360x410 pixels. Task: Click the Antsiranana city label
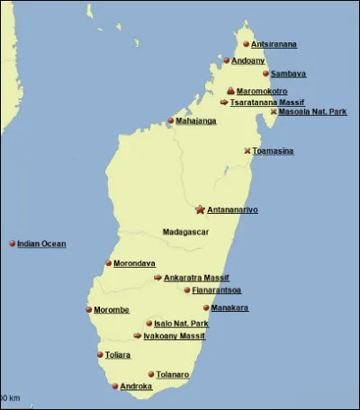pyautogui.click(x=274, y=44)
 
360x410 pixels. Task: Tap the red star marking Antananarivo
pyautogui.click(x=200, y=209)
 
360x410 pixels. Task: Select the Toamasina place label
pyautogui.click(x=273, y=151)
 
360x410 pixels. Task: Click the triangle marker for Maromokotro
pyautogui.click(x=230, y=91)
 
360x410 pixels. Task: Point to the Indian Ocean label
pyautogui.click(x=41, y=244)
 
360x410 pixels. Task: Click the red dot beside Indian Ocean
pyautogui.click(x=12, y=244)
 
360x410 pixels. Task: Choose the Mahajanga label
pyautogui.click(x=196, y=121)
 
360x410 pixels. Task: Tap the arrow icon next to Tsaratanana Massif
pyautogui.click(x=223, y=102)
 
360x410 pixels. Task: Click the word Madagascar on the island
pyautogui.click(x=185, y=232)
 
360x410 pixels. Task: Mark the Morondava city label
pyautogui.click(x=134, y=263)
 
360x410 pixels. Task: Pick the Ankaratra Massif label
pyautogui.click(x=197, y=278)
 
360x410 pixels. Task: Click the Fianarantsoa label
pyautogui.click(x=216, y=290)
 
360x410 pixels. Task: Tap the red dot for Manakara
pyautogui.click(x=205, y=307)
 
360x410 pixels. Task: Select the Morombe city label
pyautogui.click(x=112, y=310)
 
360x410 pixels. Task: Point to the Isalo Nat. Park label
pyautogui.click(x=181, y=324)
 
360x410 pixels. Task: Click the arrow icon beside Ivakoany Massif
pyautogui.click(x=137, y=336)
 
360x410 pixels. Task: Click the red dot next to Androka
pyautogui.click(x=115, y=387)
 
